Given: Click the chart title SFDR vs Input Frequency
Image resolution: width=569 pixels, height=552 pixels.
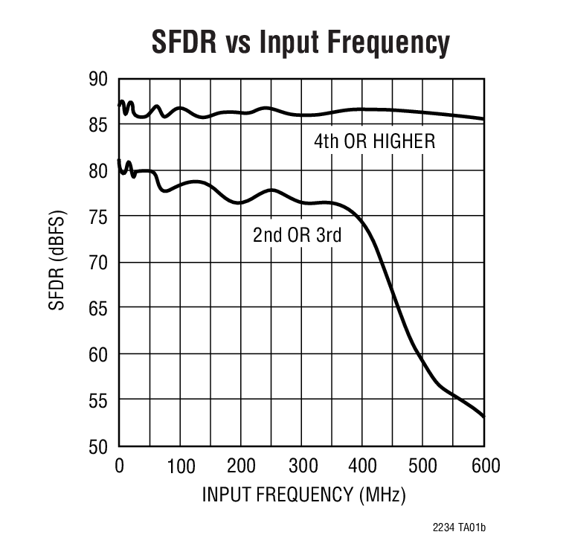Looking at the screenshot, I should [300, 42].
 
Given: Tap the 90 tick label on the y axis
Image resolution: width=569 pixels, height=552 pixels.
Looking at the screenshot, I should [97, 79].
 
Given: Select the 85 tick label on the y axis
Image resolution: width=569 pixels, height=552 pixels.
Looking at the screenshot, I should [97, 125].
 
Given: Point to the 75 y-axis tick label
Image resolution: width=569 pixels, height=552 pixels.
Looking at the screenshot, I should [97, 216].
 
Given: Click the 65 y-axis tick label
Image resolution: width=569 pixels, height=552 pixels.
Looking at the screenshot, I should [97, 309].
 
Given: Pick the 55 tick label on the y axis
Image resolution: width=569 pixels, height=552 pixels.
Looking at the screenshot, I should [97, 400].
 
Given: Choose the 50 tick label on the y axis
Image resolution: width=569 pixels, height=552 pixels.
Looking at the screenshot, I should [97, 446].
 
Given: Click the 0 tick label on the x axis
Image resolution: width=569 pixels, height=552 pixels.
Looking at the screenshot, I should [119, 466].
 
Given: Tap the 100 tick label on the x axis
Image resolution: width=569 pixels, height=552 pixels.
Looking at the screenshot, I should [180, 466].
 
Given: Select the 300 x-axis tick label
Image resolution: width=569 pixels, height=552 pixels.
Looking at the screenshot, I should [302, 466].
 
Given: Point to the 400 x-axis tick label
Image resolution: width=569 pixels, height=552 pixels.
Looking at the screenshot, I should [363, 466].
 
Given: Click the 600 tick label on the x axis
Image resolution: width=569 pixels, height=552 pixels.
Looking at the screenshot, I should [484, 466].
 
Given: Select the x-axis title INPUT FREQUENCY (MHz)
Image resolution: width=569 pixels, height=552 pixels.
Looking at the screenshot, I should [303, 495].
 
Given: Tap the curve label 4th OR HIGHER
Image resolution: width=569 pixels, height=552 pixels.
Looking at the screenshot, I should [374, 141].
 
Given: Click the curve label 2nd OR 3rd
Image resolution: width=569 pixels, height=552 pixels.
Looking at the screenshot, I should [297, 236].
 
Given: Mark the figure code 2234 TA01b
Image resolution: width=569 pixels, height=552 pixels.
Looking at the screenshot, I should [459, 528].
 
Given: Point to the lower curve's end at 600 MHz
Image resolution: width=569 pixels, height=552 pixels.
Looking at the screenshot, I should [483, 417].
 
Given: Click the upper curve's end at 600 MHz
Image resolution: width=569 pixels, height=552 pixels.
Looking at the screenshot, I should [483, 119].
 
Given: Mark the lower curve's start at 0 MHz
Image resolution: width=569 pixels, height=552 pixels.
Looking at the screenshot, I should [119, 160].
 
